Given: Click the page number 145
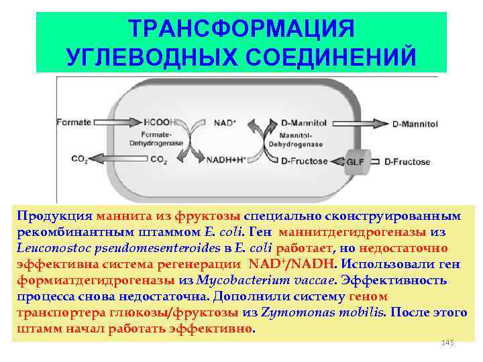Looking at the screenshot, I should coord(447,343).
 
